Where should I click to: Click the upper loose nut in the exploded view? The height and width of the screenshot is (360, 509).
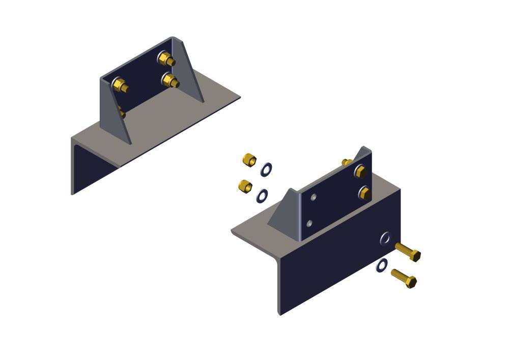tap(249, 160)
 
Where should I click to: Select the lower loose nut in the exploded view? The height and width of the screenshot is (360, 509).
tap(245, 186)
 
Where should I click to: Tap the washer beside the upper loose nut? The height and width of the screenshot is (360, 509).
tap(266, 170)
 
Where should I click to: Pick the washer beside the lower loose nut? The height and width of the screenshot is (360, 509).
tap(263, 196)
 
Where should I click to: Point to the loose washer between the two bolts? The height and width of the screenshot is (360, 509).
tap(382, 265)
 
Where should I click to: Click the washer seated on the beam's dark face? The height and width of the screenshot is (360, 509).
tap(385, 238)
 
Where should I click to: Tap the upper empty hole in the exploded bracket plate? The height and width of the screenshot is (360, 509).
tap(314, 197)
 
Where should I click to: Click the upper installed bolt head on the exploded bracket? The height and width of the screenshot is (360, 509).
tap(360, 172)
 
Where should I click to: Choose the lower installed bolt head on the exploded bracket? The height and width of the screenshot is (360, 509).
tap(364, 192)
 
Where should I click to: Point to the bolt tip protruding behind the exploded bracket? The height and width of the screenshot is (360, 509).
tap(347, 162)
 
